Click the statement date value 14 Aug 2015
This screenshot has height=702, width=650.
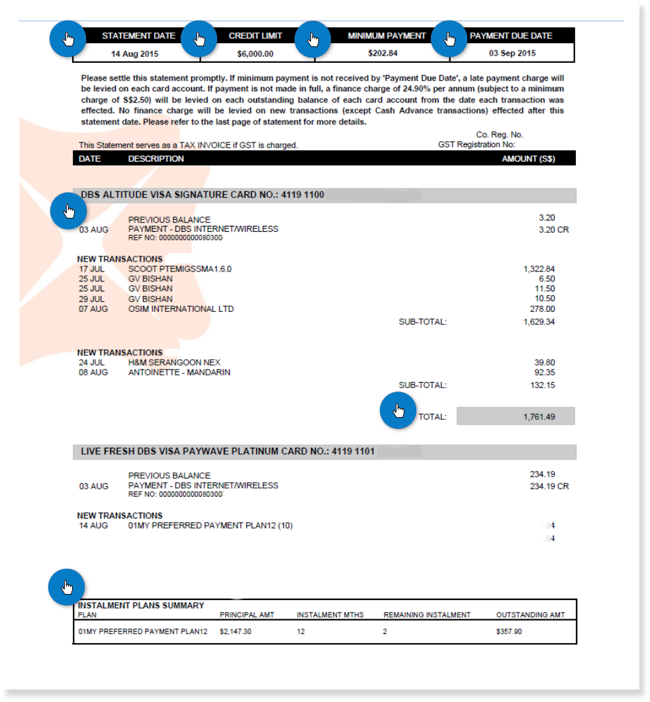point(134,54)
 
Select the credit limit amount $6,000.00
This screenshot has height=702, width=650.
point(255,54)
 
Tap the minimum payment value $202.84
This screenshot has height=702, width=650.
point(383,53)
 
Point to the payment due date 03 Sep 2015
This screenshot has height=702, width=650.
point(512,53)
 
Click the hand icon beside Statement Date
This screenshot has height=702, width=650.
point(68,39)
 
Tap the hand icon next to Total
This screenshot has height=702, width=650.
point(397,411)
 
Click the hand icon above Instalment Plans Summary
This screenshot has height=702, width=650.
point(67,587)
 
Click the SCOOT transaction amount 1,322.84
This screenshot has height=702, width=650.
point(539,269)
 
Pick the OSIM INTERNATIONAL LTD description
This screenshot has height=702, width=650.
point(181,309)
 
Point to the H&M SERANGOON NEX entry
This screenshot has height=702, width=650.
point(174,362)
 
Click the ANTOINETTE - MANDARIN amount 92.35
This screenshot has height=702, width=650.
point(543,373)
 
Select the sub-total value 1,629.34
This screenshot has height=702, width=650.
point(539,322)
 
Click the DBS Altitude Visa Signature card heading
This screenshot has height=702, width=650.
point(202,195)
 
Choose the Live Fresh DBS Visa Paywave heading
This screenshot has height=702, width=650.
point(228,452)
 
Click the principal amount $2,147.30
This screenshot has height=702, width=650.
point(236,632)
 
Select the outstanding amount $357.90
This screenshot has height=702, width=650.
point(508,632)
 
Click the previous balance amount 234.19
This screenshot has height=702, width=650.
point(542,474)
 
